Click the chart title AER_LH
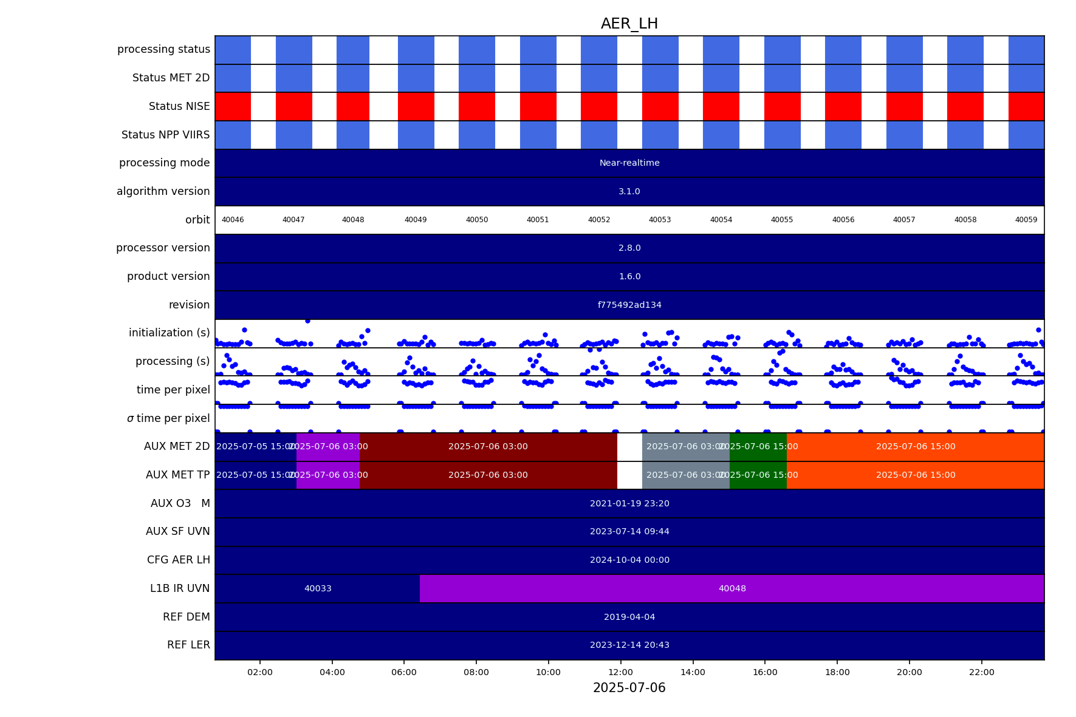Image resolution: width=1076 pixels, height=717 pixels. pyautogui.click(x=629, y=24)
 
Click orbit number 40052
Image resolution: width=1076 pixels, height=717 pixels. pyautogui.click(x=598, y=220)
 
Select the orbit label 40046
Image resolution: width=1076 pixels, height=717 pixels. pyautogui.click(x=233, y=220)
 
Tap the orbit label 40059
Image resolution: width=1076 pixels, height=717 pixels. pyautogui.click(x=1026, y=220)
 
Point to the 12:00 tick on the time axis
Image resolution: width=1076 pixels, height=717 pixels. pyautogui.click(x=620, y=672)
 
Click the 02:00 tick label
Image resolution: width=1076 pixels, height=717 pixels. pyautogui.click(x=259, y=672)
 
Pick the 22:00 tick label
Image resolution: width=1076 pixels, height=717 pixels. pyautogui.click(x=981, y=672)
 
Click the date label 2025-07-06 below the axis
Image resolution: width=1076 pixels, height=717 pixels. pyautogui.click(x=629, y=688)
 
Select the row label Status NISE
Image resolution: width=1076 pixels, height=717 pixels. pyautogui.click(x=179, y=106)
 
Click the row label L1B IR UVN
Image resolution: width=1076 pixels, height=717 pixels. pyautogui.click(x=180, y=588)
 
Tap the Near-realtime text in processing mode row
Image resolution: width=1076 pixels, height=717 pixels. pyautogui.click(x=629, y=163)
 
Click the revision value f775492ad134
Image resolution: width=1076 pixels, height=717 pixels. pyautogui.click(x=629, y=305)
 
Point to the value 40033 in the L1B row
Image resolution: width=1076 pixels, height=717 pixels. pyautogui.click(x=318, y=588)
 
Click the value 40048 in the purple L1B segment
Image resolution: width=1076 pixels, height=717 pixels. pyautogui.click(x=732, y=588)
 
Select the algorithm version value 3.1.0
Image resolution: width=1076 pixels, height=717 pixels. pyautogui.click(x=629, y=191)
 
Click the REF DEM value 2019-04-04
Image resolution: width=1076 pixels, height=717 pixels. pyautogui.click(x=629, y=617)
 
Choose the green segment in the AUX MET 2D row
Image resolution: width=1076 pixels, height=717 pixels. pyautogui.click(x=758, y=446)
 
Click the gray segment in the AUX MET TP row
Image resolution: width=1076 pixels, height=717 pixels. pyautogui.click(x=685, y=475)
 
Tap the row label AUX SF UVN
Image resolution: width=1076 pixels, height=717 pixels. pyautogui.click(x=178, y=531)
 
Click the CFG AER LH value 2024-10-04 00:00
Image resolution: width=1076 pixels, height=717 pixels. pyautogui.click(x=629, y=560)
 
